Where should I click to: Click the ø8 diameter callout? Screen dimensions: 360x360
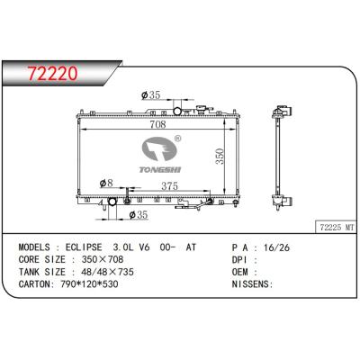pos(107,183)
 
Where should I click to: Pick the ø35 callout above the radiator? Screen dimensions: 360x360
pos(152,95)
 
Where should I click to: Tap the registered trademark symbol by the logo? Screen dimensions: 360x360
pos(177,139)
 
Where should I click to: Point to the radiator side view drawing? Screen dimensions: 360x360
pos(280,157)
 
